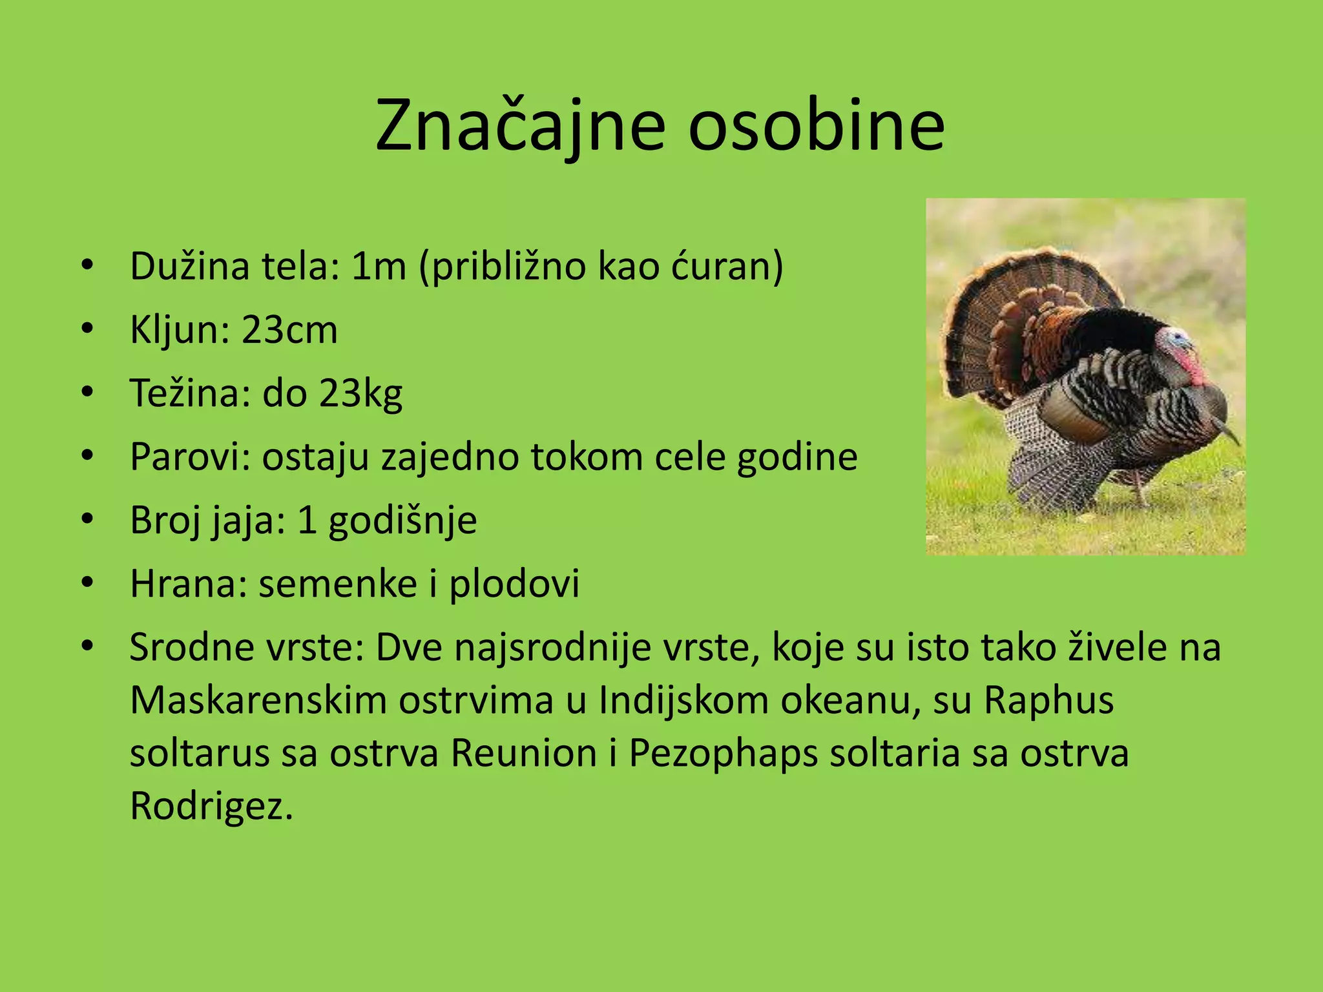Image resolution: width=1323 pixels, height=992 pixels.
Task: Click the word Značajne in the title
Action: [x=520, y=126]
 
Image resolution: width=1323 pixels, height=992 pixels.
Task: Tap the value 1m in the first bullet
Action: [x=379, y=266]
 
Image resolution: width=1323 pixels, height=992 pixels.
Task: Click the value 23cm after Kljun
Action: [x=289, y=330]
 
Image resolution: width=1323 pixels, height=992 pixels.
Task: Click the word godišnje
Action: [x=402, y=521]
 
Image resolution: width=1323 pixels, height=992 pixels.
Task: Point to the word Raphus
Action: [x=1049, y=700]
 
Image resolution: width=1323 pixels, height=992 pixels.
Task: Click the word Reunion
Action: [x=524, y=753]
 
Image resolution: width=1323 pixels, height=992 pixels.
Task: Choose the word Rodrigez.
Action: [x=211, y=806]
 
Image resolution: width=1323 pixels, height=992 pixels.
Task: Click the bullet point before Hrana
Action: [x=88, y=583]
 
